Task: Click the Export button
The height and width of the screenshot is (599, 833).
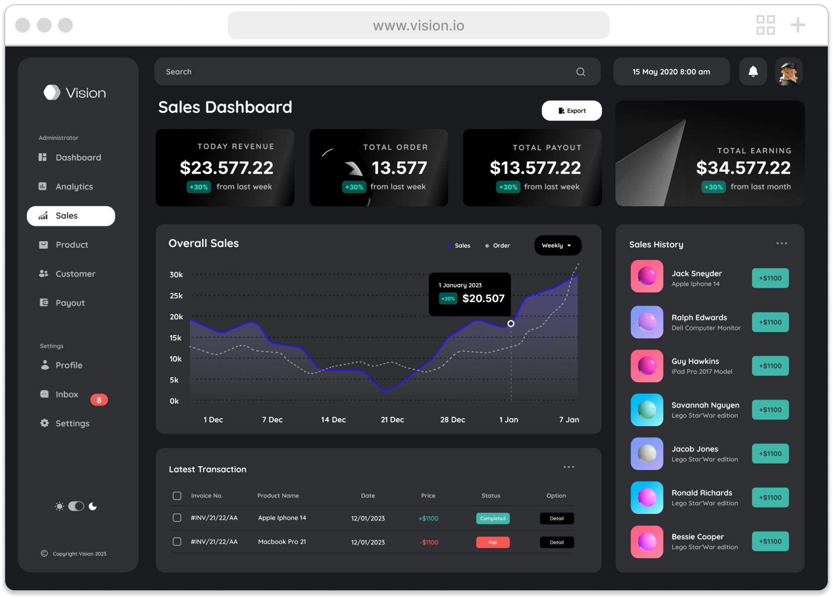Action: click(571, 111)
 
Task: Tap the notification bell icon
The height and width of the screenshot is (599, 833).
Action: click(753, 72)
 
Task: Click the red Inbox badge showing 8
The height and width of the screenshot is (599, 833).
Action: click(99, 400)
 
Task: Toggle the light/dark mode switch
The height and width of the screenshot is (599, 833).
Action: click(76, 506)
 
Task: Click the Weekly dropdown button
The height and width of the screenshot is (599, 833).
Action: click(558, 245)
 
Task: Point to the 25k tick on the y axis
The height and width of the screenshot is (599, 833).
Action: click(176, 296)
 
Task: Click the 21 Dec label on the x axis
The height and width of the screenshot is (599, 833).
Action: click(392, 420)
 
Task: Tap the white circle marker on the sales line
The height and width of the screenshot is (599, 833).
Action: click(511, 323)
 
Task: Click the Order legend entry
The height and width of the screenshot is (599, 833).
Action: click(498, 246)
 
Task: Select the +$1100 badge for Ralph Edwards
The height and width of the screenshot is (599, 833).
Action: click(770, 322)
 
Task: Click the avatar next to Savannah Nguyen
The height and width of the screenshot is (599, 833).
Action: click(647, 410)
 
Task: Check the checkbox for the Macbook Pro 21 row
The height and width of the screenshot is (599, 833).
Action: click(177, 542)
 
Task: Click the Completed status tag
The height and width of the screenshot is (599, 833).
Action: click(493, 518)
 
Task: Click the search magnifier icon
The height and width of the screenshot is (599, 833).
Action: click(580, 72)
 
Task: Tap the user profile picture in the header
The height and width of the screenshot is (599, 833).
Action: click(789, 72)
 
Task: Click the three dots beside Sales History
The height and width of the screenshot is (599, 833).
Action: click(782, 243)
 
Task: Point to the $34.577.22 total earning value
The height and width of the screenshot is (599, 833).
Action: click(744, 168)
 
